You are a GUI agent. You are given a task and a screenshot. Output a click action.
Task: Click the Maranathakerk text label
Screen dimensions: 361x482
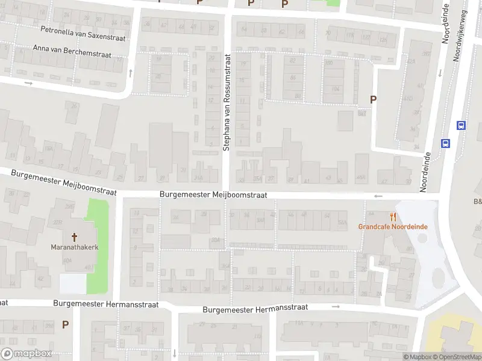click(x=75, y=247)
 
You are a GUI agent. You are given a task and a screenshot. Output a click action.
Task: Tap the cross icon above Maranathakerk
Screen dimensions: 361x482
click(x=75, y=237)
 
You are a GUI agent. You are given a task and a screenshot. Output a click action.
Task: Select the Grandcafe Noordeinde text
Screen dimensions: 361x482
click(x=393, y=227)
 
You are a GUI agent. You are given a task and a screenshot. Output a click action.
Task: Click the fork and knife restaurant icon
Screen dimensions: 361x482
click(x=393, y=217)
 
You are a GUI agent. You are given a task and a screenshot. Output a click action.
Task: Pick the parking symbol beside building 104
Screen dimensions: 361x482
click(x=373, y=100)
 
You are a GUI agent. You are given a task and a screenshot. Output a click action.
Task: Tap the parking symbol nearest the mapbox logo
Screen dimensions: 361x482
click(x=65, y=324)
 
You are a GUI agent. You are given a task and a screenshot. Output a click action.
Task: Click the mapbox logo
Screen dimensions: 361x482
click(x=27, y=354)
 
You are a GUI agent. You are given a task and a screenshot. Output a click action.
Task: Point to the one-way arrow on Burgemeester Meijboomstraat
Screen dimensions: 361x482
click(x=378, y=196)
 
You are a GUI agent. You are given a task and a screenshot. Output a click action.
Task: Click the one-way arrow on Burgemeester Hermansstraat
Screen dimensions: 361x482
click(x=336, y=306)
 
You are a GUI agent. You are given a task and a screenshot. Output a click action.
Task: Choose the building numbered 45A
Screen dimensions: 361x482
click(x=361, y=177)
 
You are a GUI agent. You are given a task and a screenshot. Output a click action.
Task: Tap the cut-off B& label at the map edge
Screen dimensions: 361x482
click(x=477, y=202)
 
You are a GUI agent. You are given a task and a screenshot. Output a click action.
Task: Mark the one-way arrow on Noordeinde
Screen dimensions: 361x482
click(x=439, y=73)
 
